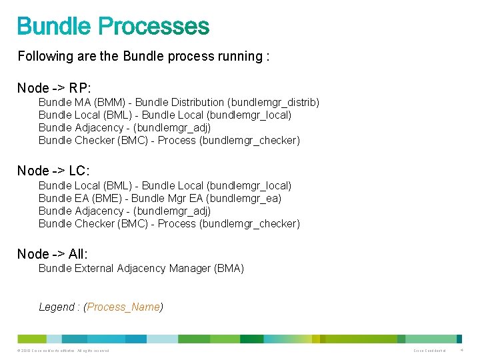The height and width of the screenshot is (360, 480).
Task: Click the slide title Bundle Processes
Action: click(113, 27)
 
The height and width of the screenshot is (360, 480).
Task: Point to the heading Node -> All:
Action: click(52, 254)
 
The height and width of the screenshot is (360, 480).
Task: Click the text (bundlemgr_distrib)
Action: click(273, 103)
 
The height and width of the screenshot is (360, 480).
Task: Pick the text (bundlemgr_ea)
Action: click(245, 199)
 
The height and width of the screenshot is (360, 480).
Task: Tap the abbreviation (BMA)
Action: click(229, 269)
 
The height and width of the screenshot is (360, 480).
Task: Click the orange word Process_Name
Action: click(123, 307)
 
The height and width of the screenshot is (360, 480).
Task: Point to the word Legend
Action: click(57, 307)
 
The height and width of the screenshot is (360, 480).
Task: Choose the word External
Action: click(93, 269)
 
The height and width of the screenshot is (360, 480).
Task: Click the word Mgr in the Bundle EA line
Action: click(179, 199)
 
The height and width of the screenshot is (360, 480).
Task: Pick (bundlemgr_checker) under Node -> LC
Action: click(249, 224)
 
